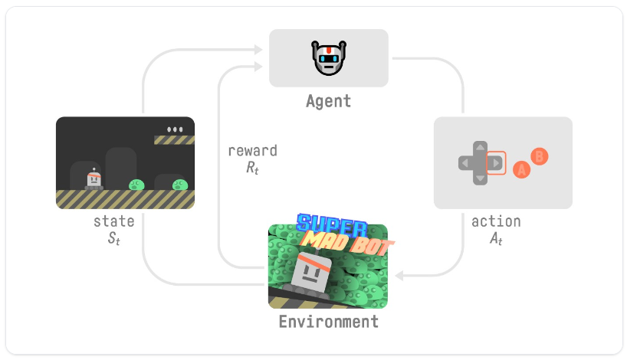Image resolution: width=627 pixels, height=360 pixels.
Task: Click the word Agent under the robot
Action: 328,100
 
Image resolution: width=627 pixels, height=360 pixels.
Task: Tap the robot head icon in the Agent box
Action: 328,58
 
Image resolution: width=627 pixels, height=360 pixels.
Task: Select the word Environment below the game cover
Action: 328,322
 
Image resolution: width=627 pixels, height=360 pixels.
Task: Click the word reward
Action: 252,151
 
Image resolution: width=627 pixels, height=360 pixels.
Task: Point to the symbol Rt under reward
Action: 252,168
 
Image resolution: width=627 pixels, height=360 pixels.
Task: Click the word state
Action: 114,221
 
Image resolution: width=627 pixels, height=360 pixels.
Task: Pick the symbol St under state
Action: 114,238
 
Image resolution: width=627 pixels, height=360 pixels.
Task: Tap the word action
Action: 496,221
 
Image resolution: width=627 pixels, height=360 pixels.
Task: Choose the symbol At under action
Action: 496,238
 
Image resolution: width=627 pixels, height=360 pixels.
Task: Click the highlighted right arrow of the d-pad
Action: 496,162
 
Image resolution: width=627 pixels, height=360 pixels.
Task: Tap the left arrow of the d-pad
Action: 465,162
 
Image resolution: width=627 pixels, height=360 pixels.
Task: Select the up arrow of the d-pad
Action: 480,147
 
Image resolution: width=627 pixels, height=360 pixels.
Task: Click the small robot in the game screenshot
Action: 94,179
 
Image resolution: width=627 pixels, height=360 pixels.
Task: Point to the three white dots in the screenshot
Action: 176,129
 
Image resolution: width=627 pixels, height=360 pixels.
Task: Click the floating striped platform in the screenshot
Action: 174,140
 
